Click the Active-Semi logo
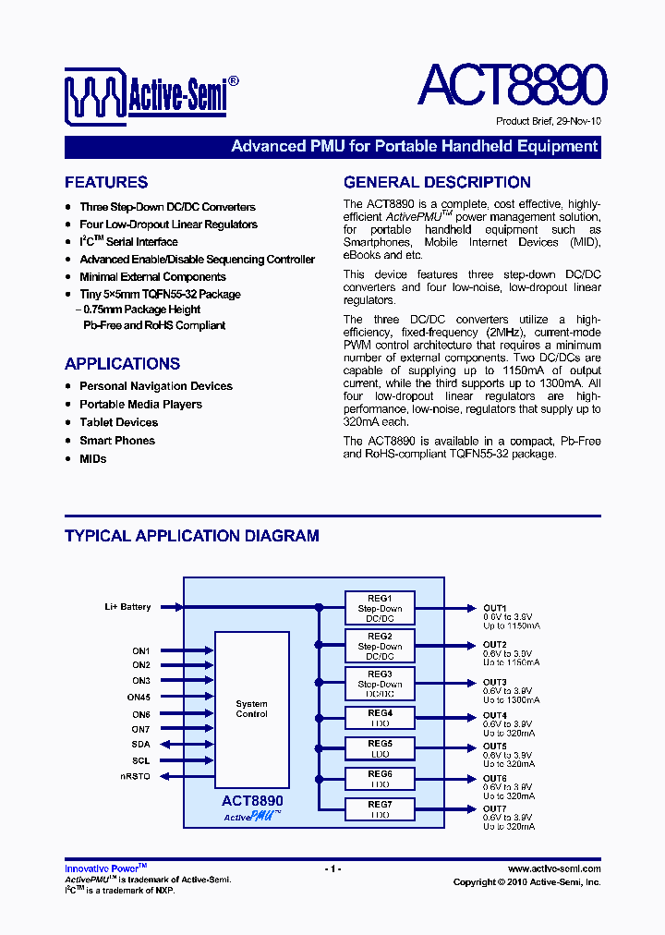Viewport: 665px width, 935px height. point(152,95)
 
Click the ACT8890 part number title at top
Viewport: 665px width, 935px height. point(512,86)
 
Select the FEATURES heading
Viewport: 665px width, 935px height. point(106,183)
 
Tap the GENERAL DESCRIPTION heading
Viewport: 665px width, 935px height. point(437,183)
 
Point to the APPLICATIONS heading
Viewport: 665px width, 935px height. point(122,364)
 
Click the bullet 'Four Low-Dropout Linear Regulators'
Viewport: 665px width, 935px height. point(168,225)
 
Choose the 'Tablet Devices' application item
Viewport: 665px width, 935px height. point(118,422)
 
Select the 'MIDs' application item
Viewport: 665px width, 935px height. point(92,458)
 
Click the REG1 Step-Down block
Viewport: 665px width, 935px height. point(380,608)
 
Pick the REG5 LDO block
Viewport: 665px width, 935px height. point(380,747)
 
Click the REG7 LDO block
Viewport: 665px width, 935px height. point(380,809)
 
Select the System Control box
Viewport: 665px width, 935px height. point(251,709)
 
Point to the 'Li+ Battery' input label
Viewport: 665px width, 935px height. point(127,607)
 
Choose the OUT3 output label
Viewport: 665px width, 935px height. point(495,683)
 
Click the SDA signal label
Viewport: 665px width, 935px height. point(140,744)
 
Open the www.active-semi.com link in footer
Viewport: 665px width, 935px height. point(554,868)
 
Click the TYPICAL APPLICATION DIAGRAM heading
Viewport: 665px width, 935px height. point(192,536)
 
